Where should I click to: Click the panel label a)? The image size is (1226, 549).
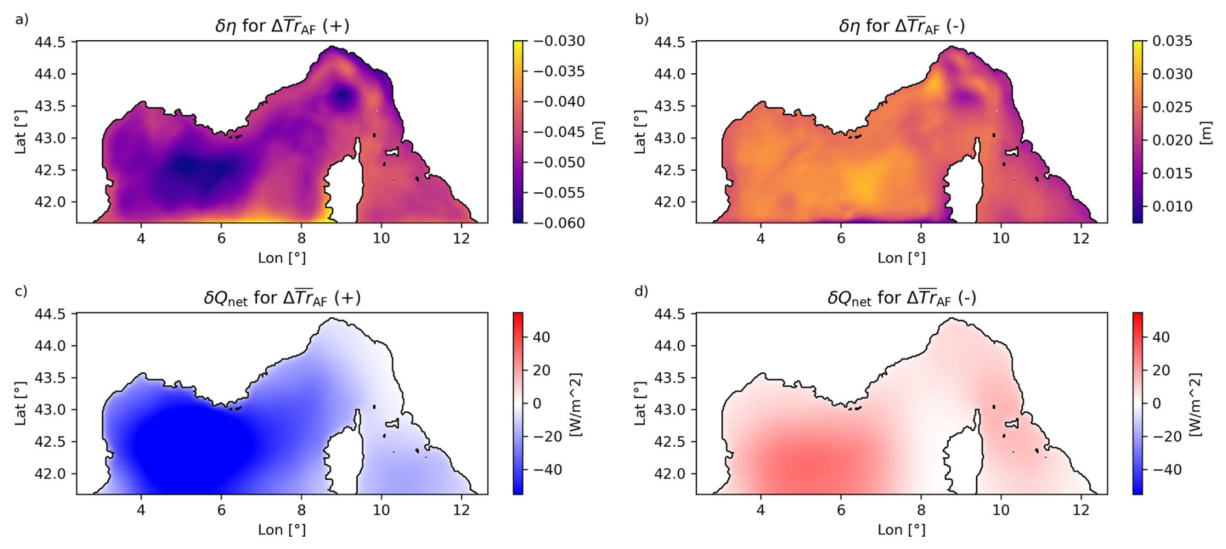tap(22, 19)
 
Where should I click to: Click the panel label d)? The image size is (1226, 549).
tap(641, 291)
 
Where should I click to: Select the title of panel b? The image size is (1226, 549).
tap(901, 26)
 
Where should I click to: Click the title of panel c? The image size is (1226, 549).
tap(282, 298)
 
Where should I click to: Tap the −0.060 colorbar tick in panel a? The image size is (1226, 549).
tap(559, 223)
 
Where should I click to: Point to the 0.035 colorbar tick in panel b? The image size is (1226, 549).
tap(1172, 41)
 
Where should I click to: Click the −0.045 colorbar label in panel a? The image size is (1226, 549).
tap(559, 132)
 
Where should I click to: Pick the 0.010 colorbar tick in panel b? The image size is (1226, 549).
tap(1172, 207)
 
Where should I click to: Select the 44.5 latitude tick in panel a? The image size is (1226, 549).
tap(50, 42)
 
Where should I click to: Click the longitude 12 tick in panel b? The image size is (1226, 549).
tap(1081, 238)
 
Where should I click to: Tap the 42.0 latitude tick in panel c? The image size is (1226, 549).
tap(50, 474)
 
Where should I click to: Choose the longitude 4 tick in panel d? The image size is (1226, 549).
tap(761, 510)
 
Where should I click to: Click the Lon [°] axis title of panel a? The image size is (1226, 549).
tap(282, 258)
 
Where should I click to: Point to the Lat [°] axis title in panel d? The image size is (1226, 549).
tap(640, 403)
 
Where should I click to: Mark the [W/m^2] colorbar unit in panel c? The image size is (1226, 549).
tap(575, 404)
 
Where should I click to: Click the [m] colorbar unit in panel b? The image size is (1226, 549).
tap(1205, 133)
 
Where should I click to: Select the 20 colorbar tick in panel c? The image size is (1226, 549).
tap(541, 370)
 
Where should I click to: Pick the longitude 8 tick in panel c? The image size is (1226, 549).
tap(301, 510)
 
